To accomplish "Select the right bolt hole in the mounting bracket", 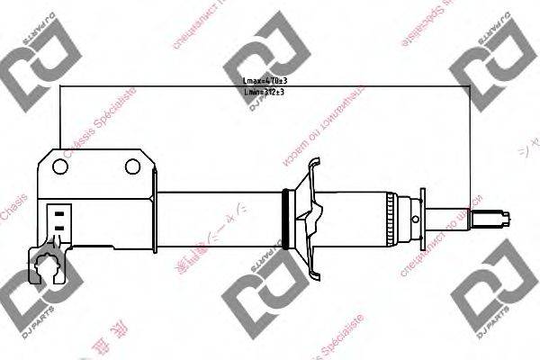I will pyautogui.click(x=132, y=166).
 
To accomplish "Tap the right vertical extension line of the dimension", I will pyautogui.click(x=472, y=144).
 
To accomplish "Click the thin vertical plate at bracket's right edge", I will pyautogui.click(x=153, y=216).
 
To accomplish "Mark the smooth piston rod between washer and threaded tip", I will pyautogui.click(x=454, y=217).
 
